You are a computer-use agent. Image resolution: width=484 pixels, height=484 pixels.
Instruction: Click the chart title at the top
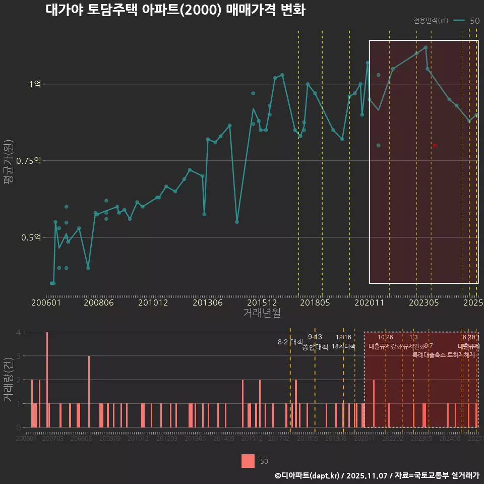pos(175,11)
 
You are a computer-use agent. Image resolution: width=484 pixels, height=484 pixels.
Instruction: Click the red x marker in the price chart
pos(435,145)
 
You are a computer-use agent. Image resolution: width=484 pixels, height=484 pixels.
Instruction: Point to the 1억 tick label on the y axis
pos(35,84)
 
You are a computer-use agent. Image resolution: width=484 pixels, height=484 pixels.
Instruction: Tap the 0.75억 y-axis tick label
pos(31,161)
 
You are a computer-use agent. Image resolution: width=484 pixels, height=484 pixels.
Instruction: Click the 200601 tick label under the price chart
pos(46,303)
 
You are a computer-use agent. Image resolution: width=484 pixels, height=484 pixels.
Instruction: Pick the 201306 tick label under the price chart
pos(207,303)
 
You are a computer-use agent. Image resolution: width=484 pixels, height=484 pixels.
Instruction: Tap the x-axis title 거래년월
pos(262,313)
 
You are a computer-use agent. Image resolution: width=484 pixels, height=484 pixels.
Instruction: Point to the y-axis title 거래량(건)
pos(9,379)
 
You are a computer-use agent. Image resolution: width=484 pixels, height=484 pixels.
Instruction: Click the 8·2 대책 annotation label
pos(290,342)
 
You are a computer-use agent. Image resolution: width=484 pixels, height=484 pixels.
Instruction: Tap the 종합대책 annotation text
pos(315,347)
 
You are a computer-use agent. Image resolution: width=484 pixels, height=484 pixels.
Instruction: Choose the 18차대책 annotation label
pos(343,346)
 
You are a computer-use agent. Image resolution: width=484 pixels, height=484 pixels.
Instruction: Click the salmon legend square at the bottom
pos(248,461)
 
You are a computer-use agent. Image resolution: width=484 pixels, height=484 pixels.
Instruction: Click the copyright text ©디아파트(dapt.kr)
pos(307,475)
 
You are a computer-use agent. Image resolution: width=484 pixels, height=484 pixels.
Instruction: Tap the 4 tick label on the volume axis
pos(18,332)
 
